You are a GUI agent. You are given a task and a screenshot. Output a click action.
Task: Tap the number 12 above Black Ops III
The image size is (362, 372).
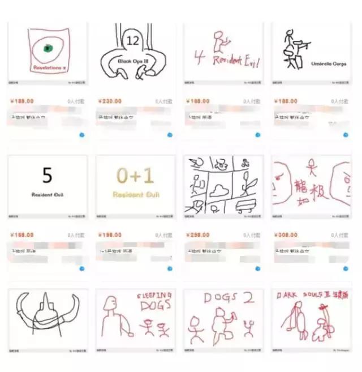click(x=133, y=41)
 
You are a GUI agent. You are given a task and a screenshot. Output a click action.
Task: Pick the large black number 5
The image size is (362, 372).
click(x=48, y=176)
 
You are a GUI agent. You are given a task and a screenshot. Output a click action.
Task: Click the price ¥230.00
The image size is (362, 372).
click(x=110, y=101)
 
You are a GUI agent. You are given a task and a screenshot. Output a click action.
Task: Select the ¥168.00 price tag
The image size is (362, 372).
click(x=197, y=101)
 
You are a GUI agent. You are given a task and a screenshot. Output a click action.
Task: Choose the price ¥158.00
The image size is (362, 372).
click(x=21, y=234)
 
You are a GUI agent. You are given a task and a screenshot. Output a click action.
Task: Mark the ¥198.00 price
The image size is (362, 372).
click(x=110, y=234)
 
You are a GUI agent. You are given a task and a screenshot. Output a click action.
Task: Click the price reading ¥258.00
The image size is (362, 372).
click(x=197, y=234)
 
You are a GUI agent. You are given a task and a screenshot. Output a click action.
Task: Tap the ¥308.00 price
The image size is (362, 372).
click(x=286, y=234)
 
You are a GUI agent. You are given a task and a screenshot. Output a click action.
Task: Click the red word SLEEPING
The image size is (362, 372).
click(x=154, y=296)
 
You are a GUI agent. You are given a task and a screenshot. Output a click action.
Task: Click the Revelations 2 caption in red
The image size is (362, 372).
click(x=50, y=67)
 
